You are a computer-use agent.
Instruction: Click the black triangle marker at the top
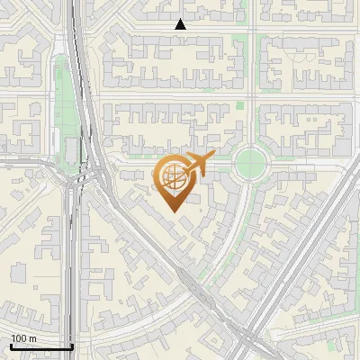[181, 24]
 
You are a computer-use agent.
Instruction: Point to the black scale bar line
[40, 346]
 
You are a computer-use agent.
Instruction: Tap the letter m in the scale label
[33, 338]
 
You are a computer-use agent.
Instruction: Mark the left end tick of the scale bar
[10, 345]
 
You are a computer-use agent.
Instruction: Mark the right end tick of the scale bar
[72, 345]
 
